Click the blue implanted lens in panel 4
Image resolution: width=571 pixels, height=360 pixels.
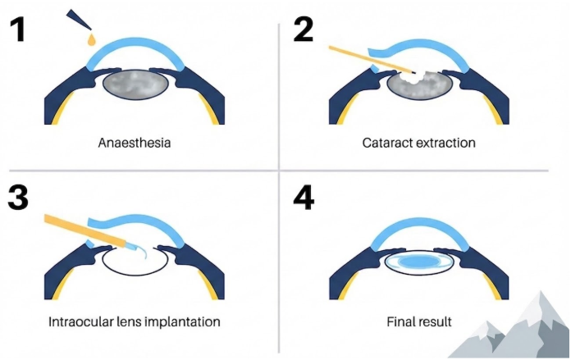click(421, 262)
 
